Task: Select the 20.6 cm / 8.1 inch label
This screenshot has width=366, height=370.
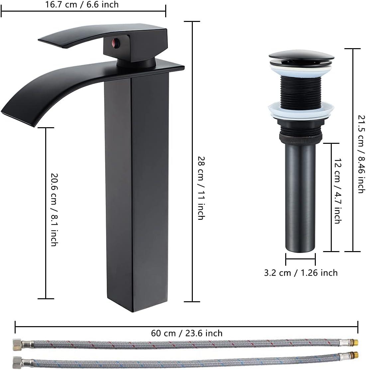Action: (54, 209)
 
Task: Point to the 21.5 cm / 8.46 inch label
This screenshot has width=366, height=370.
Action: (361, 154)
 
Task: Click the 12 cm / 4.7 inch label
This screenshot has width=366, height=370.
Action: (337, 191)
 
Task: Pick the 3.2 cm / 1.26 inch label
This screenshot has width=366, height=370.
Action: (301, 273)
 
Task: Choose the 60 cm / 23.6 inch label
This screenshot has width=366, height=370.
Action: (187, 333)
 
